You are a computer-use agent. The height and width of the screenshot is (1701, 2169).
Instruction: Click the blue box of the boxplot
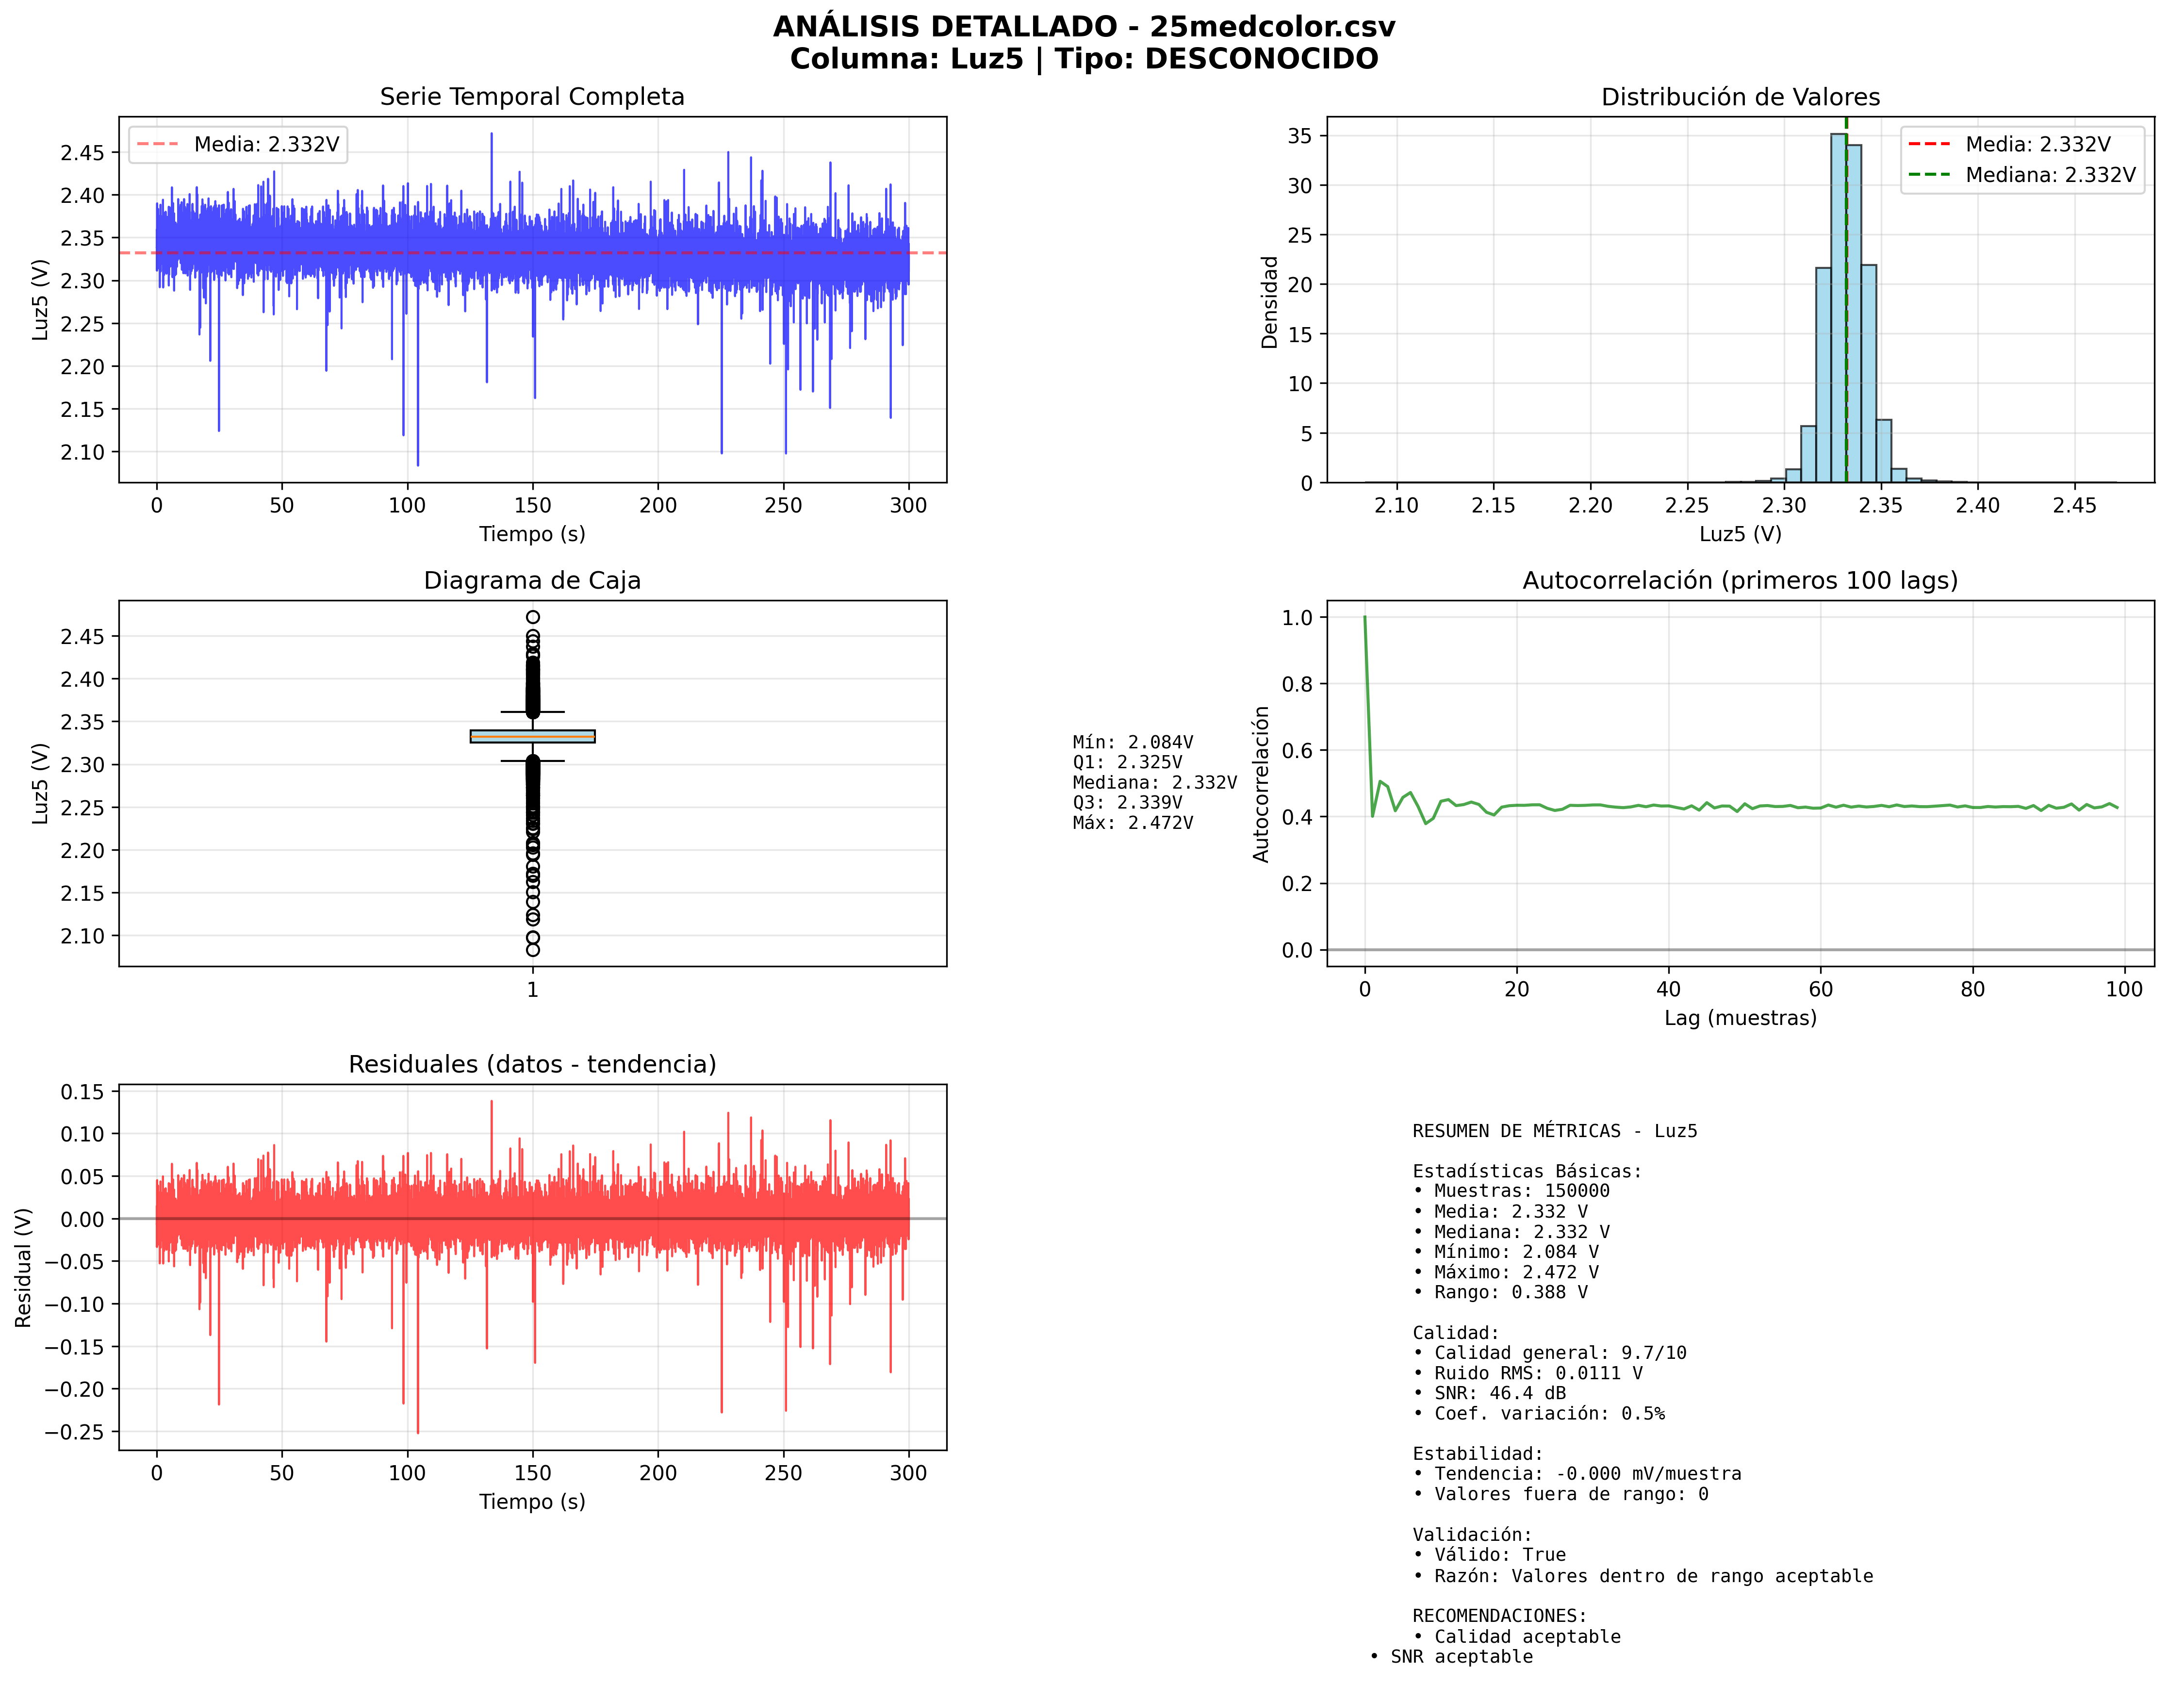(x=532, y=736)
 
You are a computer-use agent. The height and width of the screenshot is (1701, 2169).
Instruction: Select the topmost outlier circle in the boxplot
(x=533, y=616)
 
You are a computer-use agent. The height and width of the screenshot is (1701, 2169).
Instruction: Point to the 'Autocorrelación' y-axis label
(x=1261, y=784)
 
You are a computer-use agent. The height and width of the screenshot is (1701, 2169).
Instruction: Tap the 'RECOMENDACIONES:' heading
(x=1499, y=1616)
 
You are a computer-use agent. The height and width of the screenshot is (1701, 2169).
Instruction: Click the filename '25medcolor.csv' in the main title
(x=1272, y=27)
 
